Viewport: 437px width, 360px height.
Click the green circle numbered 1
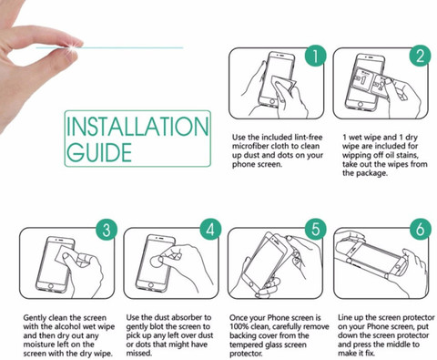click(316, 56)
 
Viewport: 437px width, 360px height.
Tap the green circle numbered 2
click(420, 56)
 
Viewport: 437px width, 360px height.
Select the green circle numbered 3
click(107, 229)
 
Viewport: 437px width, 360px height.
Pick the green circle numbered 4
click(210, 229)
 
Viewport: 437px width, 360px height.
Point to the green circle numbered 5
click(316, 229)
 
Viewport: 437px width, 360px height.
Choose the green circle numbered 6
click(421, 229)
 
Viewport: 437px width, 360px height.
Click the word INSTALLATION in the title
click(137, 126)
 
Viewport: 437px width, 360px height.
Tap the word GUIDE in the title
click(99, 152)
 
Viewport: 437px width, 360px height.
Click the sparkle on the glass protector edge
click(72, 47)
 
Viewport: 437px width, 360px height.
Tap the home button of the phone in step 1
click(272, 102)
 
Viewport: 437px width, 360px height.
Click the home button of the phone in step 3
click(51, 286)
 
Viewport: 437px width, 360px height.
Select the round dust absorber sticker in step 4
click(157, 261)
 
